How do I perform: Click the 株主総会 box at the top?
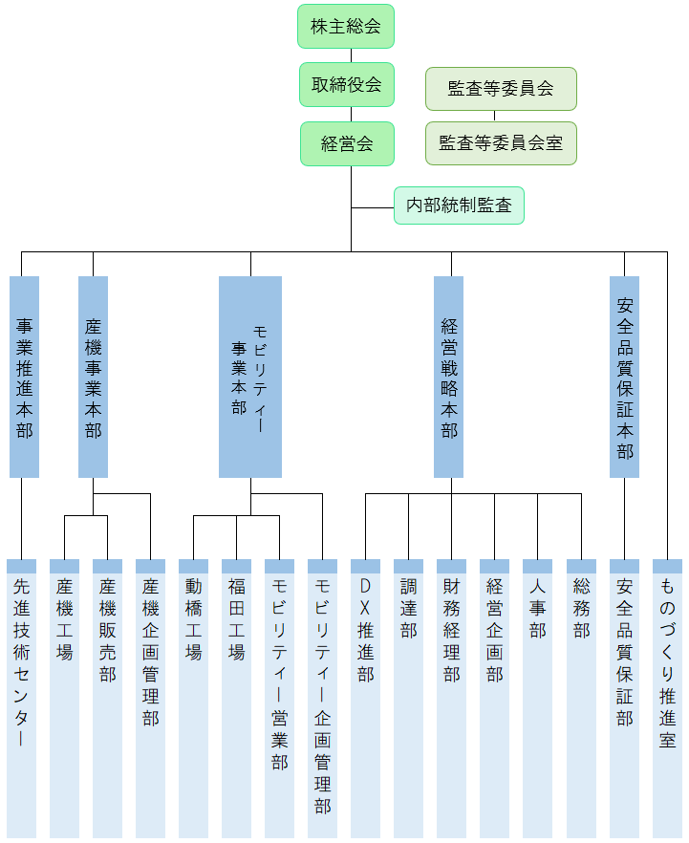tap(346, 27)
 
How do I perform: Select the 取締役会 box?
tap(346, 85)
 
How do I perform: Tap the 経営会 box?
tap(346, 144)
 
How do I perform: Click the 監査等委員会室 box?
tap(501, 143)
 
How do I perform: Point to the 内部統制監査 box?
tap(459, 205)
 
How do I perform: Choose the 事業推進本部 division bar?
tap(24, 377)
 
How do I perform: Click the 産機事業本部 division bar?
tap(93, 377)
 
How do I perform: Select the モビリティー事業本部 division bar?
tap(250, 377)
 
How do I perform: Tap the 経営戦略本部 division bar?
tap(448, 377)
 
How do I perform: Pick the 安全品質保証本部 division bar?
tap(624, 377)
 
